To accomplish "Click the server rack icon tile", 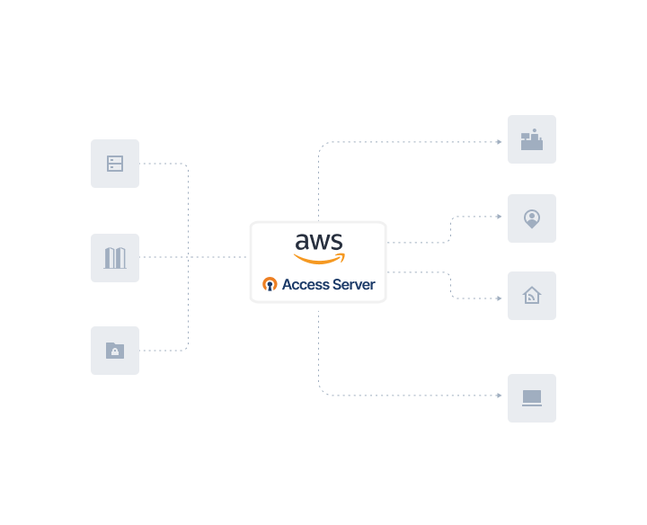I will pyautogui.click(x=115, y=164).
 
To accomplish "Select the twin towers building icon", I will pyautogui.click(x=115, y=258).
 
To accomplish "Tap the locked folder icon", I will pyautogui.click(x=115, y=351).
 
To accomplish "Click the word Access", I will pyautogui.click(x=306, y=285).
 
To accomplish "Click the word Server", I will pyautogui.click(x=354, y=285).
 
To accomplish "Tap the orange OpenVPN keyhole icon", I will pyautogui.click(x=270, y=285).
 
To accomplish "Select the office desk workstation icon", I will pyautogui.click(x=532, y=139).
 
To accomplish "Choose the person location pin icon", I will pyautogui.click(x=532, y=218).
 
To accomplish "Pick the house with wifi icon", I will pyautogui.click(x=532, y=296).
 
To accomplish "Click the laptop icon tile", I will pyautogui.click(x=532, y=397).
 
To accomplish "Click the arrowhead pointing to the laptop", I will pyautogui.click(x=501, y=395).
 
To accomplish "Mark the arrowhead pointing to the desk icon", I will pyautogui.click(x=501, y=142).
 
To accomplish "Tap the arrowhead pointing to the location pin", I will pyautogui.click(x=501, y=217).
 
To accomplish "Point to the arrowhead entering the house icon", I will pyautogui.click(x=501, y=298).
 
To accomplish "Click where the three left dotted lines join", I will pyautogui.click(x=189, y=257).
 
